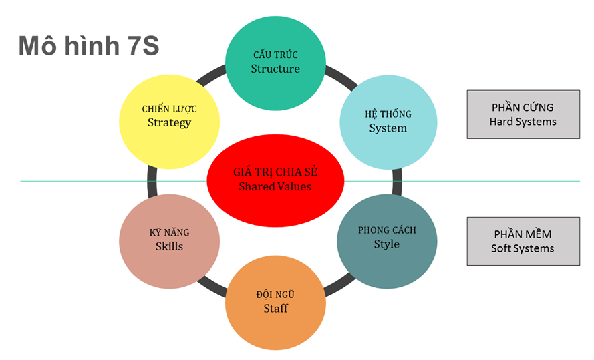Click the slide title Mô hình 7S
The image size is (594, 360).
pos(88,47)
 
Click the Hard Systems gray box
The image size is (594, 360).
pos(523,114)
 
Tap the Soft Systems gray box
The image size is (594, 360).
pos(523,241)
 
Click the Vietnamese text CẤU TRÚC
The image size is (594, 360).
pos(275,55)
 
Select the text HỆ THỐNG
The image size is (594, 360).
pos(388,114)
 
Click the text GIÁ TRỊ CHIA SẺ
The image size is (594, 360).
pos(275,172)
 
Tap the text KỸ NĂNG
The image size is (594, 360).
pos(169,232)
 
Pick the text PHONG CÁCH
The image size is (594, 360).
pos(387,230)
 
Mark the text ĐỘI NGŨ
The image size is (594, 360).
pos(275,294)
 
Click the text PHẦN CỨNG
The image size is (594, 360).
pos(523,107)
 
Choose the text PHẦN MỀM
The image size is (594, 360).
pos(523,234)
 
